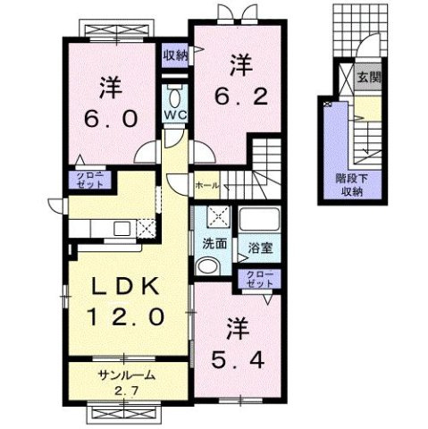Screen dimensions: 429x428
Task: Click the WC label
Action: click(x=174, y=116)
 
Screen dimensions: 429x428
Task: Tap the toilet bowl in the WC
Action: click(x=174, y=97)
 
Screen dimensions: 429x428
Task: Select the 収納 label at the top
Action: click(x=175, y=56)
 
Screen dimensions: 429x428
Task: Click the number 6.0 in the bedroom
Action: click(x=110, y=118)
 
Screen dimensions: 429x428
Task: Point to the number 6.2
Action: click(x=239, y=93)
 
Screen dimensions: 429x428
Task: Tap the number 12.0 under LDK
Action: click(x=124, y=316)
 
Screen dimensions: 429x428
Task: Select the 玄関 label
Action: click(x=370, y=78)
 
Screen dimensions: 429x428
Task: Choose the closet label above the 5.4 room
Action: click(x=256, y=278)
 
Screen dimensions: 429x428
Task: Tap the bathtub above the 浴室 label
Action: click(x=260, y=219)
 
